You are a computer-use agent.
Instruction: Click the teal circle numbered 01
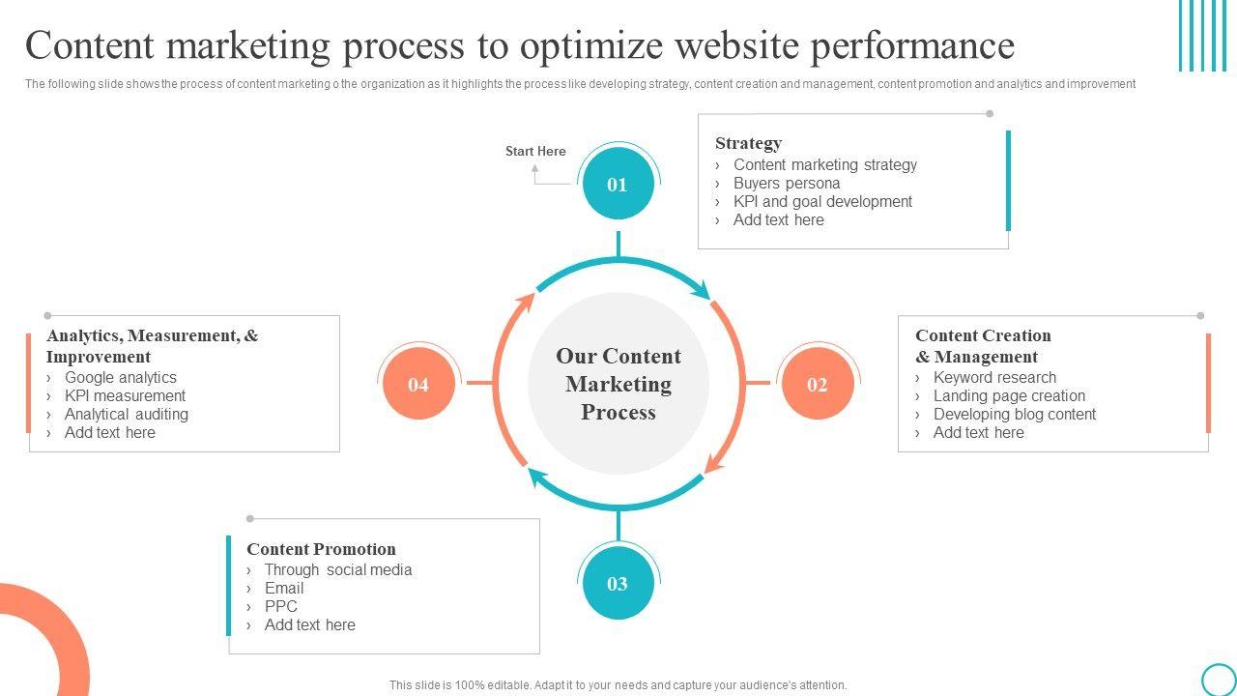coord(618,185)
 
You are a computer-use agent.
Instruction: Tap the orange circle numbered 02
coord(817,385)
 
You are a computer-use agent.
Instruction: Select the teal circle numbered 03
coord(618,584)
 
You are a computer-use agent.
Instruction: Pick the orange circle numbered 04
coord(418,385)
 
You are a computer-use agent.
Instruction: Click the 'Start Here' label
coord(535,152)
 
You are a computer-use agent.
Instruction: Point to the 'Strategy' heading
coord(748,143)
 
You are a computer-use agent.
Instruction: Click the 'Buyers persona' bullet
coord(786,184)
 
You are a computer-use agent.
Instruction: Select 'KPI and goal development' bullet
coord(822,202)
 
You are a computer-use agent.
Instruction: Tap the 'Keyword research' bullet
coord(994,378)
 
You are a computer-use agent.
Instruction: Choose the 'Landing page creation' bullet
coord(1009,396)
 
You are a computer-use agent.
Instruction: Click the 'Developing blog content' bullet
coord(1014,415)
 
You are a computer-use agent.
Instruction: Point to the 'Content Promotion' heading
coord(321,549)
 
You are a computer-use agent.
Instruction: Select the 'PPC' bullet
coord(281,607)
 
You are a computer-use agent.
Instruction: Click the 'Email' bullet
coord(284,589)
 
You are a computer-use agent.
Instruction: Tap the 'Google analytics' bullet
coord(121,378)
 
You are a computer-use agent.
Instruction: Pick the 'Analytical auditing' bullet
coord(127,415)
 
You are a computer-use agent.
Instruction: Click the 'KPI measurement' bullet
coord(125,396)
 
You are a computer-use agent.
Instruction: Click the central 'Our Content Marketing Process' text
coord(618,385)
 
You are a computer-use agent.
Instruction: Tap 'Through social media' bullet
coord(338,570)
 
